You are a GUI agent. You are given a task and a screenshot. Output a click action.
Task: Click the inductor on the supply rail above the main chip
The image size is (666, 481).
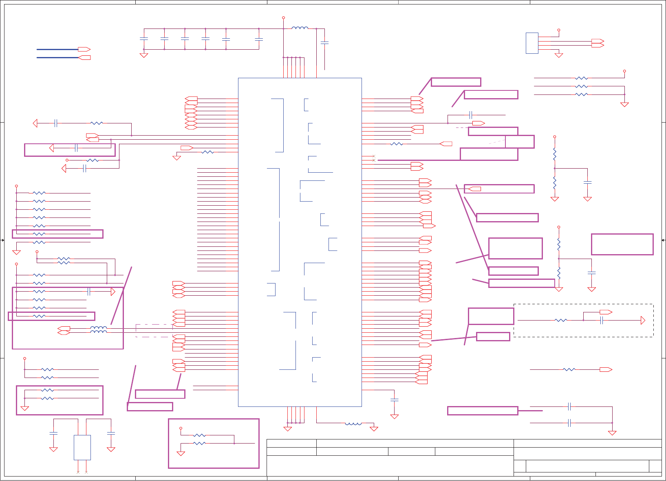[300, 28]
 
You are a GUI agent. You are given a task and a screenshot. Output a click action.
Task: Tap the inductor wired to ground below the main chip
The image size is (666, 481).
[353, 424]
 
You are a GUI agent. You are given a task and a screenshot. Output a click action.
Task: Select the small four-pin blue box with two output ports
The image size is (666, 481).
[532, 43]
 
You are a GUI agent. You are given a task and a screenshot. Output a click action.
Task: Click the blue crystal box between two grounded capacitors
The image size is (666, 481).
[82, 447]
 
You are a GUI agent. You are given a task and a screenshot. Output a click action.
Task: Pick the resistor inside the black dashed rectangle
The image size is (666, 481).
[561, 321]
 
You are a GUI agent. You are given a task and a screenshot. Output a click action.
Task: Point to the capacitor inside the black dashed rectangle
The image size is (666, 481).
[602, 321]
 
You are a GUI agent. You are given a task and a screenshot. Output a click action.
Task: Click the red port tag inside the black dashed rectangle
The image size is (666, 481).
[606, 312]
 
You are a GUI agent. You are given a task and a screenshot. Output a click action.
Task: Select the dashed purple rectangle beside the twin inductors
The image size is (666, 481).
[154, 330]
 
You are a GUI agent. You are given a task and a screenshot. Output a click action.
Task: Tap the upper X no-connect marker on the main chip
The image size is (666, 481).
[374, 156]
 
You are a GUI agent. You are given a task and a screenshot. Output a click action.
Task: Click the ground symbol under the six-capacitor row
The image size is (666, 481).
[144, 55]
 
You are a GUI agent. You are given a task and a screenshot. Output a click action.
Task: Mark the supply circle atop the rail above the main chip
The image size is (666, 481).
[283, 18]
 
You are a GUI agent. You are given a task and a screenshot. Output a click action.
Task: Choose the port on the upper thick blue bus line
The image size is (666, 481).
[84, 49]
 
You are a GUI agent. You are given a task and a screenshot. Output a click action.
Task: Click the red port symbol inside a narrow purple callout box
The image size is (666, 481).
[474, 189]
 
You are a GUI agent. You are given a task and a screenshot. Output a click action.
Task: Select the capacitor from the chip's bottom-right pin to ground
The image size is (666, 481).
[394, 400]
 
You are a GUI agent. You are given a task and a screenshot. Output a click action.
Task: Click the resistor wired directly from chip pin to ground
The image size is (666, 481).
[207, 152]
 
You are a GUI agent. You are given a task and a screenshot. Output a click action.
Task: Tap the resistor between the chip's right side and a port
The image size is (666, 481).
[396, 144]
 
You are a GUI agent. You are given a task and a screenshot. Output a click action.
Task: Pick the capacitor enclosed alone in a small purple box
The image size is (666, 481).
[76, 148]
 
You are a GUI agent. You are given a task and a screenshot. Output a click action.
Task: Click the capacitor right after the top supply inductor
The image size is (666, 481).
[324, 42]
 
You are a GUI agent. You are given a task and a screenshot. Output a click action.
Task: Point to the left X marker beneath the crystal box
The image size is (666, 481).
[78, 472]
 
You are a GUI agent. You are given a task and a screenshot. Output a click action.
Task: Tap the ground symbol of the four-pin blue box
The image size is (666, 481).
[559, 55]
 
